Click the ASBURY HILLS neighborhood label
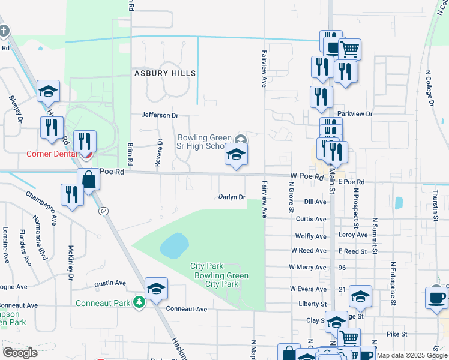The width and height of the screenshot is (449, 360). tap(164, 73)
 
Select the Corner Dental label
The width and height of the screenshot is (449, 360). tap(51, 154)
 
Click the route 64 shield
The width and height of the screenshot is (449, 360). tap(104, 211)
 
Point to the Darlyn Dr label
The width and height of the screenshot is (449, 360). tap(232, 197)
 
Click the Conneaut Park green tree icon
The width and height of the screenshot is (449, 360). tap(139, 302)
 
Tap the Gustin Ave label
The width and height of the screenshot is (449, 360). tap(110, 283)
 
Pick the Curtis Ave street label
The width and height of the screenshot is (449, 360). tap(311, 219)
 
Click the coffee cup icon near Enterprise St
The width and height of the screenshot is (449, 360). tap(436, 298)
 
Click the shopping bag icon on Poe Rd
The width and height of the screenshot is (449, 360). tap(89, 179)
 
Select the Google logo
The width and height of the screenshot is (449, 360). tap(19, 353)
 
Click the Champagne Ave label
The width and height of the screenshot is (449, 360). tap(40, 207)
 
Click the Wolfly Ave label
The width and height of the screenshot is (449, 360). tap(310, 236)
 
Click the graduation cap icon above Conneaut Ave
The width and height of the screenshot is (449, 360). tap(156, 289)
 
